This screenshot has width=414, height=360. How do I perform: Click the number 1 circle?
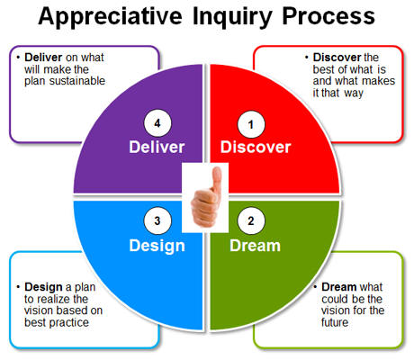251,124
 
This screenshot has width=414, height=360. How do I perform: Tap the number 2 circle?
251,221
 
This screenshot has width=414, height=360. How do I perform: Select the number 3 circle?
157,221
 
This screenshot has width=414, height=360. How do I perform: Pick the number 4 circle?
157,123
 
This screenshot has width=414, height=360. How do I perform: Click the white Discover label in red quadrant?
256,148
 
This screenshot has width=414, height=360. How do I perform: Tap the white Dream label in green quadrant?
256,246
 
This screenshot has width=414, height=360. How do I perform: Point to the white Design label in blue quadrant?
157,247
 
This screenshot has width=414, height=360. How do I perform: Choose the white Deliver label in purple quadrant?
157,148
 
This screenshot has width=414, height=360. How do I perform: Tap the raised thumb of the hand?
216,179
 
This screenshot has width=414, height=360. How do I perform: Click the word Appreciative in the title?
110,17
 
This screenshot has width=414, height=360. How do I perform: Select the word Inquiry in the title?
232,17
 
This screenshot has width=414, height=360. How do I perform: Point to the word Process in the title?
328,16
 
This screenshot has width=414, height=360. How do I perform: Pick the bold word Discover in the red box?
337,57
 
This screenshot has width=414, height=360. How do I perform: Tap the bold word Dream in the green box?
339,287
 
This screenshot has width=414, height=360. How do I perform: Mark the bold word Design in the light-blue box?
43,287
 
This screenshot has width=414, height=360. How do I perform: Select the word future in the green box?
335,322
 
